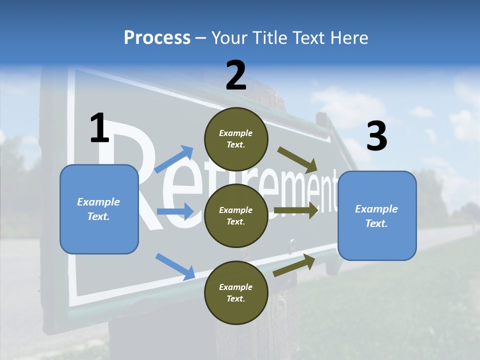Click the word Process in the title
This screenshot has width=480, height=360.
[157, 38]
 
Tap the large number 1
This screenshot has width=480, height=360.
[99, 128]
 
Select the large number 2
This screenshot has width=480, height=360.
[236, 75]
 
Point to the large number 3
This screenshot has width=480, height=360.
[376, 136]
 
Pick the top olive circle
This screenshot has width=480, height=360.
[236, 139]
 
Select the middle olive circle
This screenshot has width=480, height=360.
[236, 215]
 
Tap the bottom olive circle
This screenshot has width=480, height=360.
[236, 292]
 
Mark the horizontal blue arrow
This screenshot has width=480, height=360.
[175, 211]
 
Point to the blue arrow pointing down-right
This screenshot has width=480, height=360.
[175, 266]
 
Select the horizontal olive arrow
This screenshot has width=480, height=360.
[296, 210]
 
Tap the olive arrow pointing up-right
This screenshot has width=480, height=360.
[294, 265]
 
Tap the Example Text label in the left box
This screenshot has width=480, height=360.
[98, 209]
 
